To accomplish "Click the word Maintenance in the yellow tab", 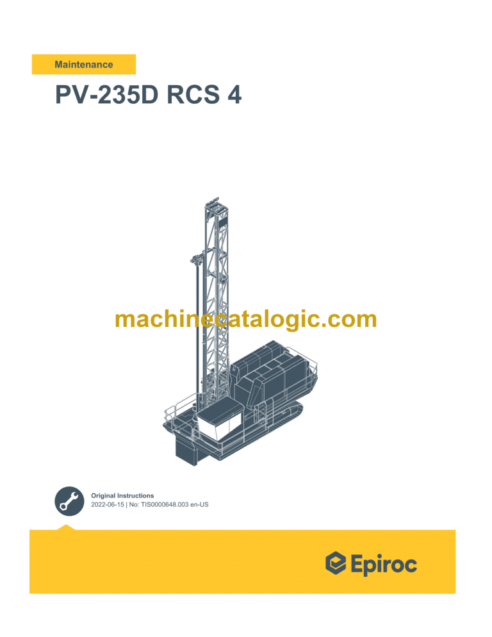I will (84, 65).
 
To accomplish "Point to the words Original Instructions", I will (122, 495).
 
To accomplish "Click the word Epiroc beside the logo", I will (384, 565).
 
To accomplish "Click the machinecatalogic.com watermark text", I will (246, 318).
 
